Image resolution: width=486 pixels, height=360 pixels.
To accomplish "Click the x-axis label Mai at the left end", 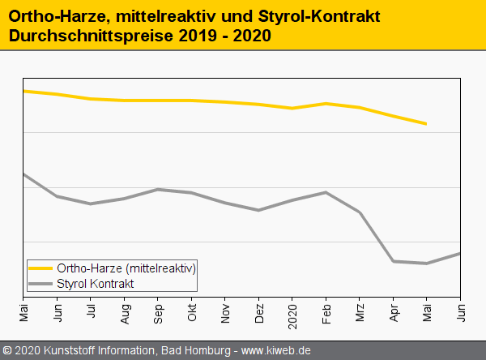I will tap(23, 311).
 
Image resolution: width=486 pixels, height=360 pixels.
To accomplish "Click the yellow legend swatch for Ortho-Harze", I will tap(40, 268).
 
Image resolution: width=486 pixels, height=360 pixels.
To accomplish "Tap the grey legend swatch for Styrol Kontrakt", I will tap(40, 284).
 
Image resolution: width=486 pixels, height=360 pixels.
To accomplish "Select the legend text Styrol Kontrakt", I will tap(96, 284).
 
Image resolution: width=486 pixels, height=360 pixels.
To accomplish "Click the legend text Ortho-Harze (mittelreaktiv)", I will tap(126, 268).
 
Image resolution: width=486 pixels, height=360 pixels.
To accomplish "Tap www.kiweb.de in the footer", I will tap(276, 351).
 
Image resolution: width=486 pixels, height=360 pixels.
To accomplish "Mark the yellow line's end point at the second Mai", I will tap(427, 124).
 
